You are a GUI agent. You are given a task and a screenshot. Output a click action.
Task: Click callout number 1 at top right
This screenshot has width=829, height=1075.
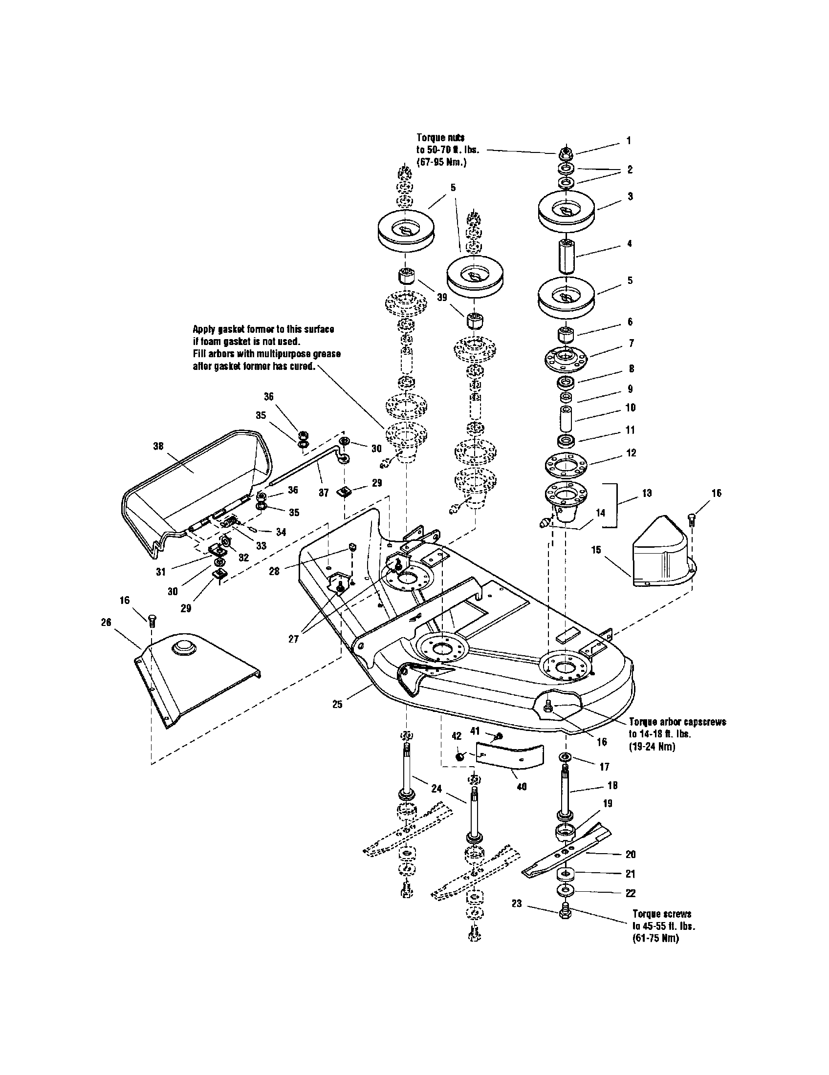point(629,141)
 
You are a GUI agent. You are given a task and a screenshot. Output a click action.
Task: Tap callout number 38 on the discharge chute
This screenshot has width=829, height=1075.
point(158,447)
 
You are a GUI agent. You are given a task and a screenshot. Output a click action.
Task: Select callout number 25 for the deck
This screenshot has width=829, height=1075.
point(337,704)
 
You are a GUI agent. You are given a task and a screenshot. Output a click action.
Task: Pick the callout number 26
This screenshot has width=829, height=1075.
point(107,622)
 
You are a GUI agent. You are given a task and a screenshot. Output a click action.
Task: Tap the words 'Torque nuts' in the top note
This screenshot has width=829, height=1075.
point(440,138)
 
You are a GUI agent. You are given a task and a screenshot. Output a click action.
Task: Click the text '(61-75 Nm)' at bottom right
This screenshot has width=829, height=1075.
point(655,938)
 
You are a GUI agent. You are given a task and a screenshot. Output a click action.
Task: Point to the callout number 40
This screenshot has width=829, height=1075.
point(522,787)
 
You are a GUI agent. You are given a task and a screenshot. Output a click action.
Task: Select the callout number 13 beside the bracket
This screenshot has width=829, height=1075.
point(647,493)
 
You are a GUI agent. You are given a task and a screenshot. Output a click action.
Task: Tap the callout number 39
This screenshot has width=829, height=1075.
point(442,297)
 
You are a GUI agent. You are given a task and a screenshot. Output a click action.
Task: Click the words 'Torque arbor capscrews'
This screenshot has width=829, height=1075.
point(677,722)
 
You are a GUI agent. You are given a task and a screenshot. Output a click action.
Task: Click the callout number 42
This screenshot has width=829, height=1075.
point(457,736)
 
